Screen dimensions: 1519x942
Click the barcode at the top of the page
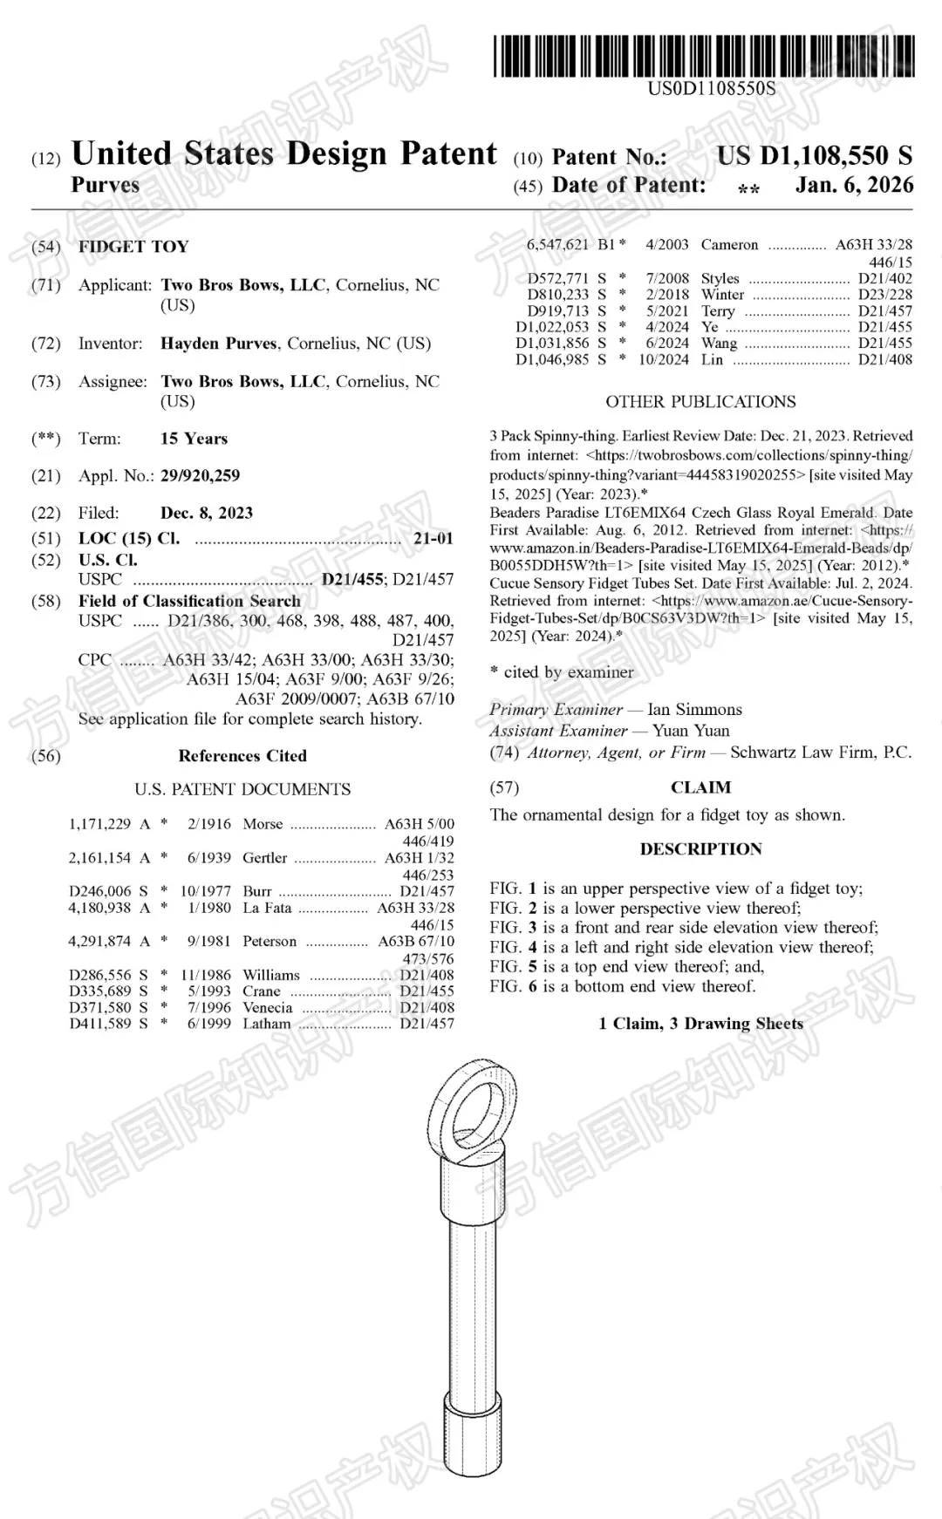[x=703, y=56]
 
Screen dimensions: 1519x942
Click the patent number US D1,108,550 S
[x=815, y=156]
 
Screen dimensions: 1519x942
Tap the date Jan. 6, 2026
[x=854, y=185]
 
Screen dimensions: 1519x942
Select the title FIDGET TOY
[x=133, y=247]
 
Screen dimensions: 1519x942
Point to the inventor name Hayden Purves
[x=219, y=344]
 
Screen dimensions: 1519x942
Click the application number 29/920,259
[x=200, y=476]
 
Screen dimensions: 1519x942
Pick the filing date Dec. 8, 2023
[x=207, y=513]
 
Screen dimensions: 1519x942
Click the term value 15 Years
[x=194, y=439]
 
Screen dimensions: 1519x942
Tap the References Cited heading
[x=242, y=756]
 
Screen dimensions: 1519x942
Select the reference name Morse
[x=263, y=824]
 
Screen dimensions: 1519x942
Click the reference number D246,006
[x=100, y=891]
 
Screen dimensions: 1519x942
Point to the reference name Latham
[x=267, y=1024]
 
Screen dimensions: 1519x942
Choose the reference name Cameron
[x=729, y=245]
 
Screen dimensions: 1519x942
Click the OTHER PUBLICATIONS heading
[x=700, y=402]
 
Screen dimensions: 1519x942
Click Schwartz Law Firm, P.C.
[x=820, y=753]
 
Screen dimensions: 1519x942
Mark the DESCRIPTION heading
[x=700, y=849]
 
